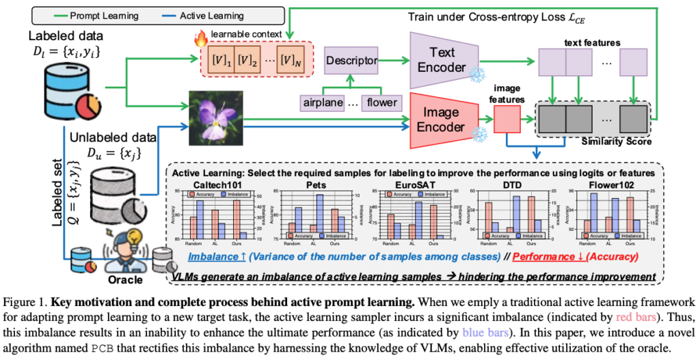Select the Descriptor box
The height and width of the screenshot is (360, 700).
coord(351,61)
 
